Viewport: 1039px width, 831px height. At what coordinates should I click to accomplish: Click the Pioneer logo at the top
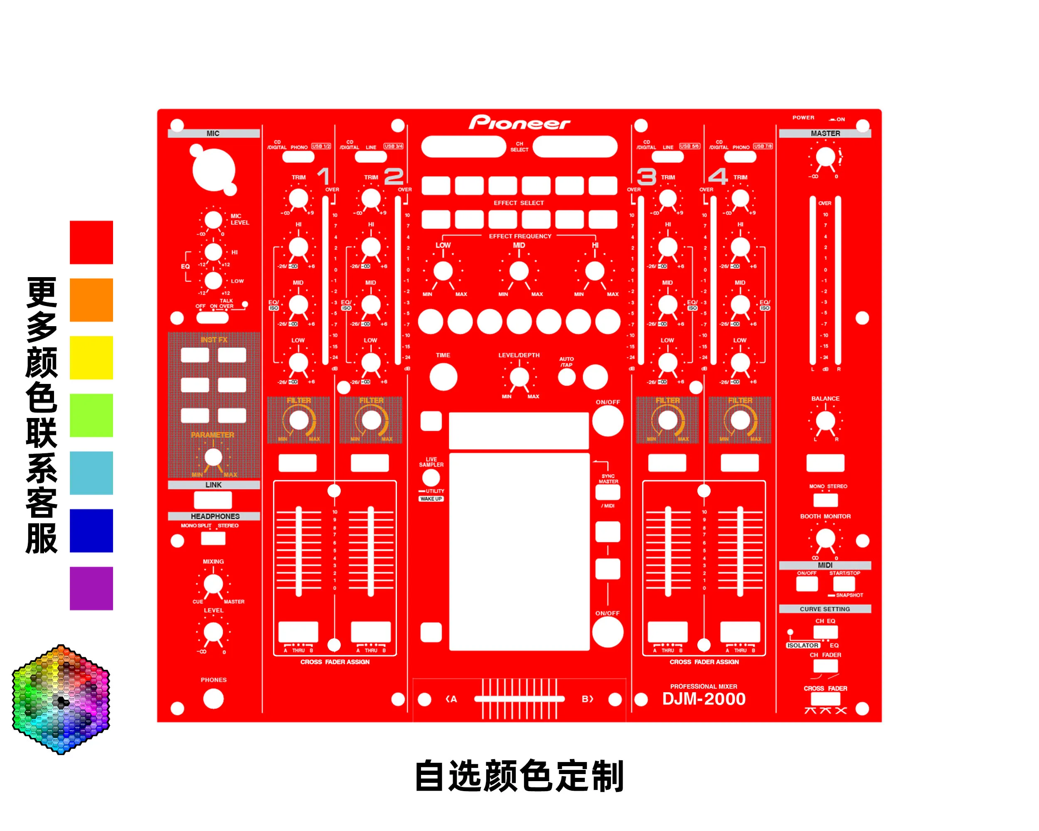click(519, 123)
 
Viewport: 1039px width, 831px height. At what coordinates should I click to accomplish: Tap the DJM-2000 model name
click(704, 698)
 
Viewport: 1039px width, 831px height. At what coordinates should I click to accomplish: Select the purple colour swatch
click(91, 588)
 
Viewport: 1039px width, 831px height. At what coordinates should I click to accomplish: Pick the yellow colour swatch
click(91, 357)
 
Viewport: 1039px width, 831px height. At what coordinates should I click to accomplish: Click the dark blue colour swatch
click(91, 531)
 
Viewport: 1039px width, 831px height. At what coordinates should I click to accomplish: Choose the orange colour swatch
click(91, 300)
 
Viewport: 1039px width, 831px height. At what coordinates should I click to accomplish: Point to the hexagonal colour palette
click(61, 699)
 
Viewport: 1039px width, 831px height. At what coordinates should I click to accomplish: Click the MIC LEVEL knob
click(213, 220)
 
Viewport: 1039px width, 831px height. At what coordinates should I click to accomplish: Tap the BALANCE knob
click(825, 421)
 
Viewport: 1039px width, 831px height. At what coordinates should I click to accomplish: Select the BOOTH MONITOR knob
click(825, 538)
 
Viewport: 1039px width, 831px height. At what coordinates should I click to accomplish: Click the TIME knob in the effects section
click(443, 377)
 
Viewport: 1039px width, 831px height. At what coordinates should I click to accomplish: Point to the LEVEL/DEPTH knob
click(519, 377)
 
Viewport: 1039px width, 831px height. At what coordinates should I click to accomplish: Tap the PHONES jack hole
click(213, 698)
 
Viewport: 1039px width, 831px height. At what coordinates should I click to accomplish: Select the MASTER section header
click(825, 133)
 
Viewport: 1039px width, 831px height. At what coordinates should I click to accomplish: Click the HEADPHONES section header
click(214, 516)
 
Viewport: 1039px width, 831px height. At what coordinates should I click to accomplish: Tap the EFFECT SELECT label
click(519, 203)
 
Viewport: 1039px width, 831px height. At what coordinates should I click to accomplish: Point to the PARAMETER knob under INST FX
click(213, 457)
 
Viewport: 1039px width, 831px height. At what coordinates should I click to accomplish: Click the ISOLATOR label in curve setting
click(803, 645)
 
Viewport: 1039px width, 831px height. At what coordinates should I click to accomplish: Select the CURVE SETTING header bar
click(825, 609)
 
